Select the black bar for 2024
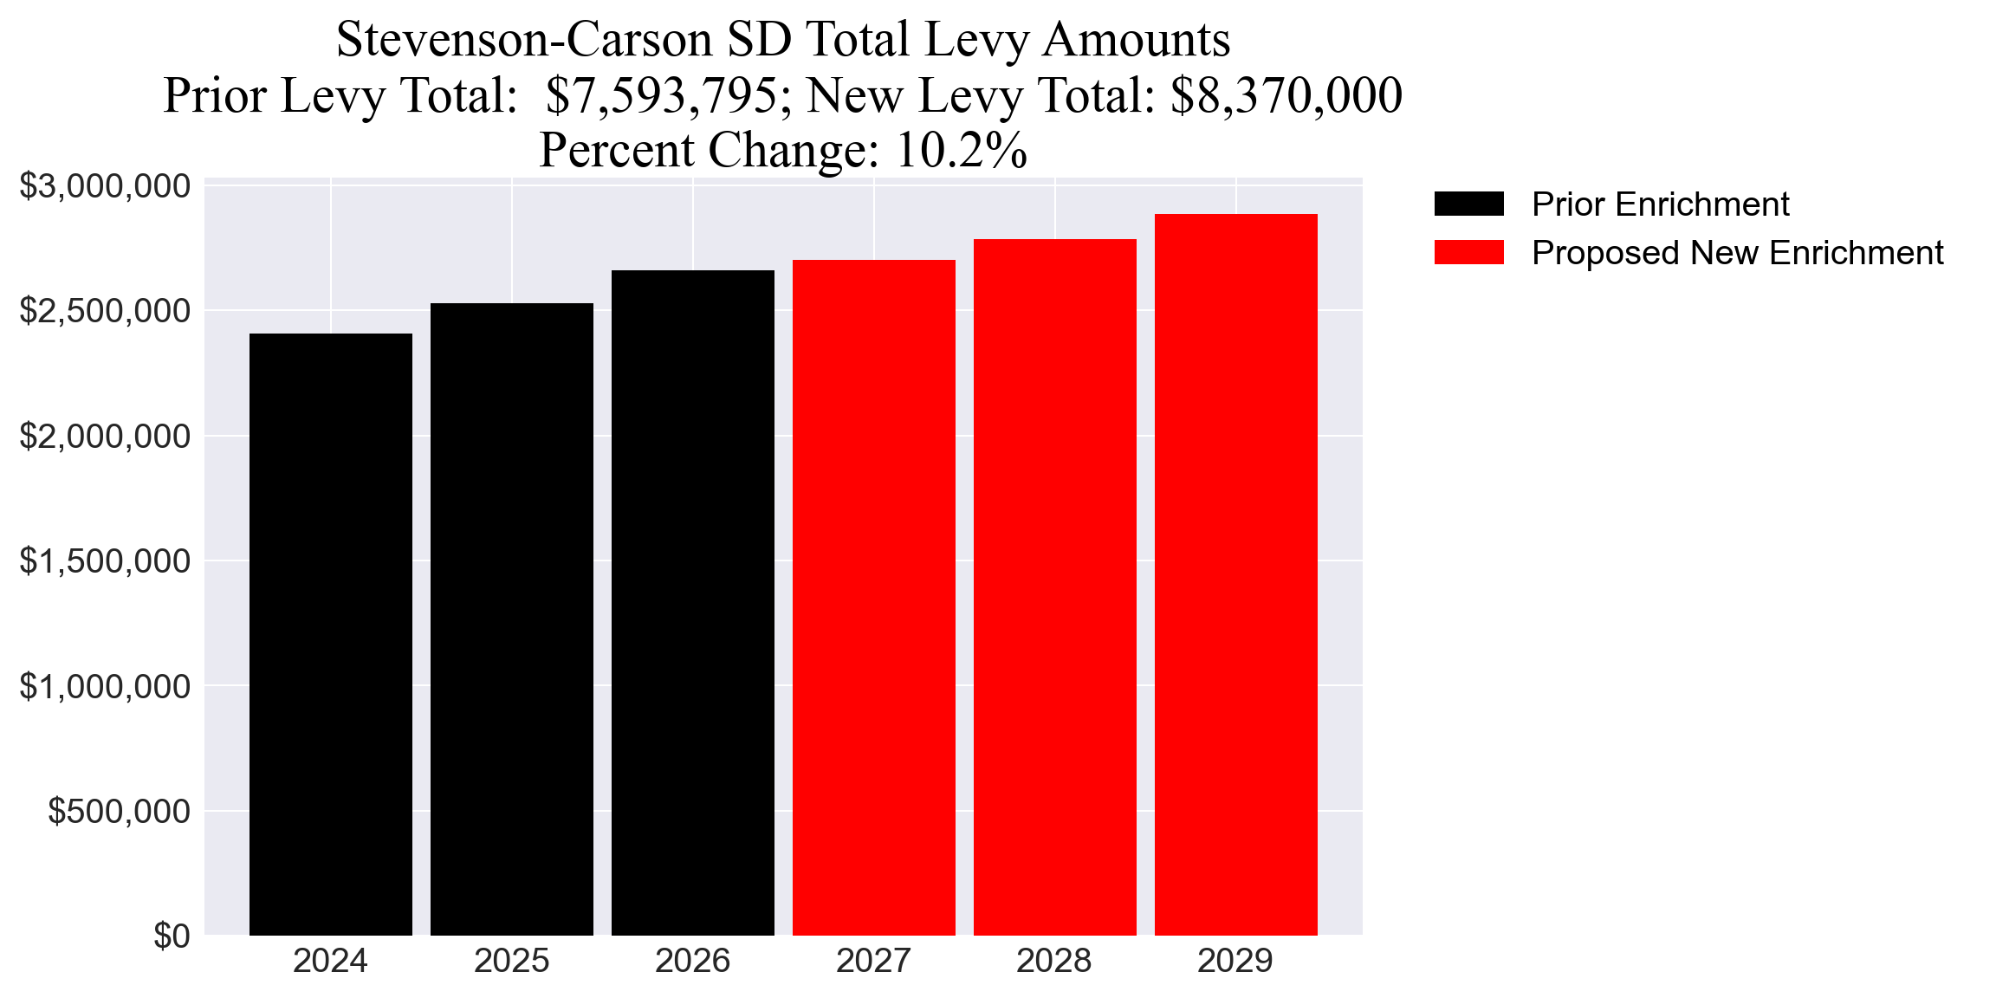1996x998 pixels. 330,634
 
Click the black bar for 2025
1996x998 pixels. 511,619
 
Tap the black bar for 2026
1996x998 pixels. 692,602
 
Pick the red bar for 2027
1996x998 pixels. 873,597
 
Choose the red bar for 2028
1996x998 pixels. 1054,586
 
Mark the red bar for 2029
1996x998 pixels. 1235,574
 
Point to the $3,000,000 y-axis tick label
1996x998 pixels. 105,186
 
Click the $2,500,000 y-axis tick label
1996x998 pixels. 105,311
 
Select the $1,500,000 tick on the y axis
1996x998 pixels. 105,561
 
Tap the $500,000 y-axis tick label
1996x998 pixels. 119,812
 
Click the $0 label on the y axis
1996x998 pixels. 172,936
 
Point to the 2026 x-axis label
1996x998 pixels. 692,962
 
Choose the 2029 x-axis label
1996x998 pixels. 1235,962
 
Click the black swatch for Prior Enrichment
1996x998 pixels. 1468,204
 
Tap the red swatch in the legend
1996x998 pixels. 1468,253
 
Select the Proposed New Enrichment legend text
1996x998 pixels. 1737,253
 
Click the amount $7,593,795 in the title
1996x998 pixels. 662,95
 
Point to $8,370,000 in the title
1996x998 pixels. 1286,95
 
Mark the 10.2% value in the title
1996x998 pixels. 961,151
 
